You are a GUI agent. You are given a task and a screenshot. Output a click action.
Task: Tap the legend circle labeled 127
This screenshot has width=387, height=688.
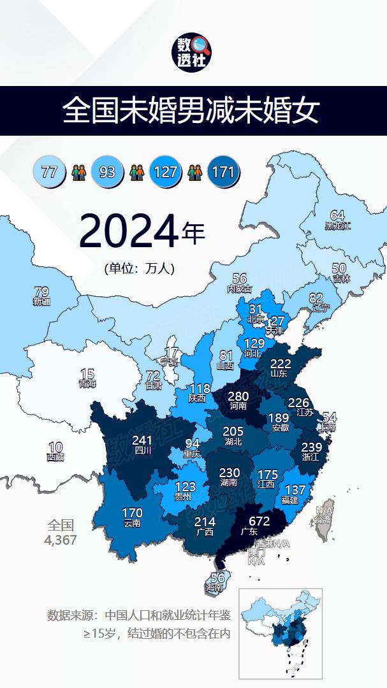click(166, 172)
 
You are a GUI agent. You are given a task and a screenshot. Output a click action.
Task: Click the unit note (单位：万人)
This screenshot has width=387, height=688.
click(140, 269)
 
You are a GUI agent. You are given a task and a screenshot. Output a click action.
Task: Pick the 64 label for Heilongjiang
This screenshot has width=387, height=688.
click(337, 216)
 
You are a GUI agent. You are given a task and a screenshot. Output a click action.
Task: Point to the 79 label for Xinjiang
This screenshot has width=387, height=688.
click(41, 292)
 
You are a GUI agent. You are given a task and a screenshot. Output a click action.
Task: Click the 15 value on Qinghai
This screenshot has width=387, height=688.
click(87, 375)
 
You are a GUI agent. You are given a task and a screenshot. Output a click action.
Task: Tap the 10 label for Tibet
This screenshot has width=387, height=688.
click(55, 447)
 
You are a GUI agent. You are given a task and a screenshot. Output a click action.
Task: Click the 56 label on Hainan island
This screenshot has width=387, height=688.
click(217, 578)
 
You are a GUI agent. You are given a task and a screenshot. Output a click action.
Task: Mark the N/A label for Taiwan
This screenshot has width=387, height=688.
click(324, 511)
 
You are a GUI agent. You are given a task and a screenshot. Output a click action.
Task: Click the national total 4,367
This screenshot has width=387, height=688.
click(61, 540)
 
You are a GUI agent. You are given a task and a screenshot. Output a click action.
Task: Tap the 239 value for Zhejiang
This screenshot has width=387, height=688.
click(311, 447)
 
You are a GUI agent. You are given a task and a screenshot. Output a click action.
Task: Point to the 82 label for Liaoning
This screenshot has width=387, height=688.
click(316, 298)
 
